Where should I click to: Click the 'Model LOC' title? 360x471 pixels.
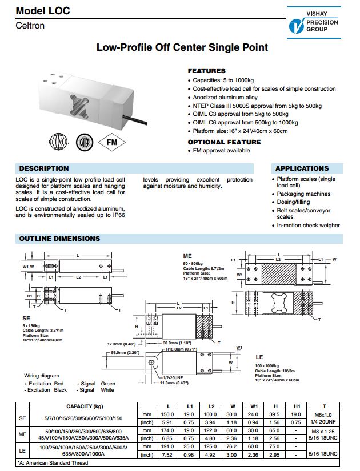pyautogui.click(x=43, y=11)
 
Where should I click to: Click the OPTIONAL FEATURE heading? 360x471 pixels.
pyautogui.click(x=224, y=142)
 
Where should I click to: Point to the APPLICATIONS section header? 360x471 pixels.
pyautogui.click(x=302, y=168)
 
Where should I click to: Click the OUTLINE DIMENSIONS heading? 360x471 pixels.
pyautogui.click(x=59, y=239)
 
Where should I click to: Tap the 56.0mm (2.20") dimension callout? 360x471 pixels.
pyautogui.click(x=125, y=353)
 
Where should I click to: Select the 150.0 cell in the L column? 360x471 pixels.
pyautogui.click(x=167, y=414)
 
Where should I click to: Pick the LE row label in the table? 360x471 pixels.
pyautogui.click(x=22, y=450)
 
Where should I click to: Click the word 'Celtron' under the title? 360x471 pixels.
pyautogui.click(x=30, y=26)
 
